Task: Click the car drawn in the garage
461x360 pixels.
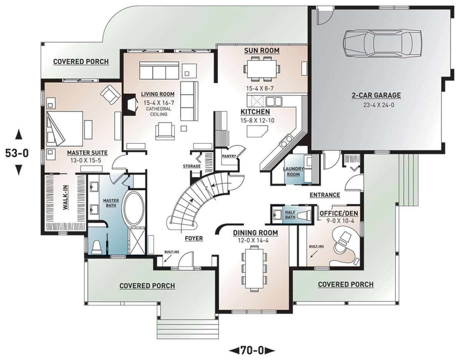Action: click(x=383, y=43)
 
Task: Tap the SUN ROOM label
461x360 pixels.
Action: click(x=262, y=51)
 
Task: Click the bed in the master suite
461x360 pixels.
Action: click(x=65, y=129)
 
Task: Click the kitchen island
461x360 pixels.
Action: click(x=257, y=131)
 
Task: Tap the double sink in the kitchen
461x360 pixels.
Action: click(x=274, y=101)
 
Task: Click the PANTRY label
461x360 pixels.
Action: click(x=229, y=156)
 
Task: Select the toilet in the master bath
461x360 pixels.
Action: click(x=97, y=247)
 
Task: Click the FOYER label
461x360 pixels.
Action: click(x=194, y=239)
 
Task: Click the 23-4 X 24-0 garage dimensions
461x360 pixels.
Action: click(x=379, y=105)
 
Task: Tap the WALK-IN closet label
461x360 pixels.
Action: click(x=66, y=197)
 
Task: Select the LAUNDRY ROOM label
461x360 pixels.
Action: click(x=294, y=172)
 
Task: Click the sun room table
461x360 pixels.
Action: click(x=262, y=69)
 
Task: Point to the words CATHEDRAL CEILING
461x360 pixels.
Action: click(x=159, y=111)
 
